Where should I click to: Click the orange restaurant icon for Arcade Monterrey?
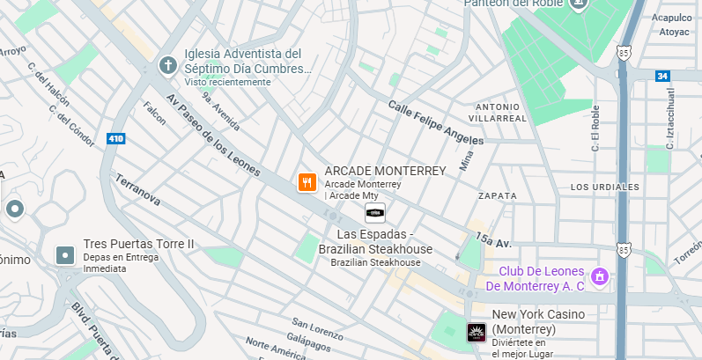(307, 182)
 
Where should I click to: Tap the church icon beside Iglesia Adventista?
(167, 66)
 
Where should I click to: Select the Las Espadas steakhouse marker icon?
(375, 212)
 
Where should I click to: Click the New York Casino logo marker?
(476, 333)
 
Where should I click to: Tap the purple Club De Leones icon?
(599, 277)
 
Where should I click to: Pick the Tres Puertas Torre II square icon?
(65, 255)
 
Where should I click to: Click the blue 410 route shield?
(115, 138)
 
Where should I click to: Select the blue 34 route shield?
(661, 77)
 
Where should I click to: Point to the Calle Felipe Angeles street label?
(436, 122)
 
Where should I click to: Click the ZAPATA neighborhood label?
(497, 195)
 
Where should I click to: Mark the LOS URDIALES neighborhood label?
(604, 187)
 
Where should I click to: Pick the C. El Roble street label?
(595, 129)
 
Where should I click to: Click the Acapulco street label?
(671, 17)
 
